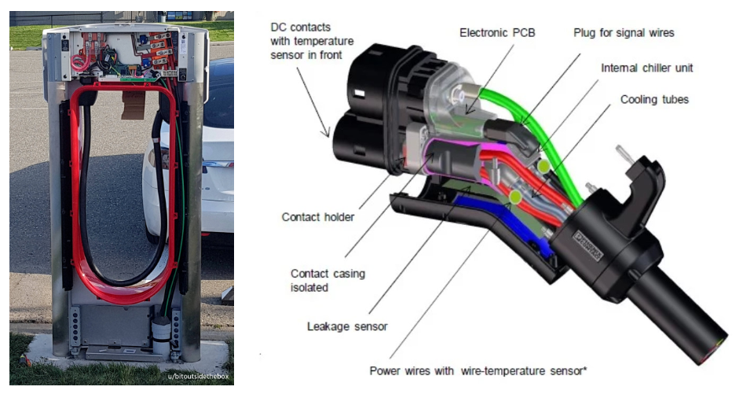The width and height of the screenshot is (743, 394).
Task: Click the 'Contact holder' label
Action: click(318, 215)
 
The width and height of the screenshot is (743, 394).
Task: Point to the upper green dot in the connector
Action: click(543, 166)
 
